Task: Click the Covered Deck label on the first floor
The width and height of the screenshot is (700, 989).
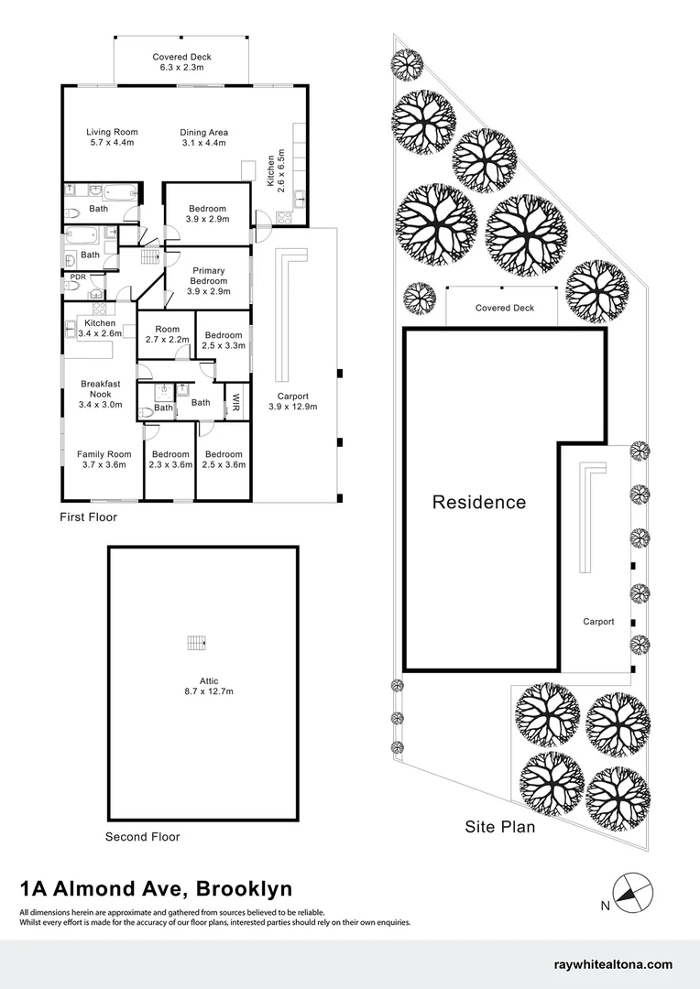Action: [181, 62]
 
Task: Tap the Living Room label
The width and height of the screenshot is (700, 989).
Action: [112, 136]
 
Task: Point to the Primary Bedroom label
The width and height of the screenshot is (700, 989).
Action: [208, 281]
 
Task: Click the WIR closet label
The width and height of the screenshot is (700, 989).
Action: [236, 402]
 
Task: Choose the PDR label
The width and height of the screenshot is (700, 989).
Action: [78, 277]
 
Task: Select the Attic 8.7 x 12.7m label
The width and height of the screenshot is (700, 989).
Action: [209, 686]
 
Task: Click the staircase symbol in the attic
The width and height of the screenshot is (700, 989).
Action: [197, 643]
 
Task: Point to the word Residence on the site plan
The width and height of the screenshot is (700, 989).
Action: [479, 502]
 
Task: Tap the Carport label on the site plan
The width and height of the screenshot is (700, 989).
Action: [598, 622]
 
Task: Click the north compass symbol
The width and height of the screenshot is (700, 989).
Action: [633, 893]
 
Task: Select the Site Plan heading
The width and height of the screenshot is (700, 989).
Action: [500, 826]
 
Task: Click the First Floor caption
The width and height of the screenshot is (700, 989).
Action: [88, 517]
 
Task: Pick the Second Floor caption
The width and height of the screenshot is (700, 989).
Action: [143, 837]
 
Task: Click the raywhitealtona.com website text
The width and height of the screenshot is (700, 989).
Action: [613, 964]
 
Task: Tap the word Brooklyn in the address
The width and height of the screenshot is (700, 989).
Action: [245, 888]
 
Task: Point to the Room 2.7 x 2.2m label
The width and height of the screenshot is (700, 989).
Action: [168, 334]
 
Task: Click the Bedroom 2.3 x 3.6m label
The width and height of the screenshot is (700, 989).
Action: [170, 459]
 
